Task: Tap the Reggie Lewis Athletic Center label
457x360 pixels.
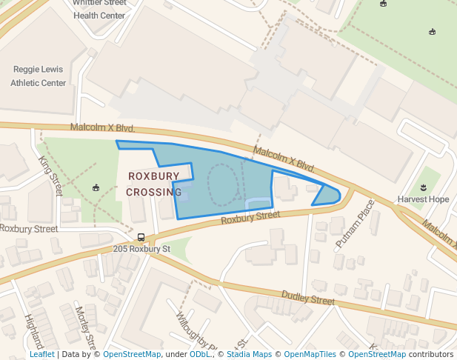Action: pyautogui.click(x=39, y=76)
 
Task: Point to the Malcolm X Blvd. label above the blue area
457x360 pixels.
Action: pyautogui.click(x=284, y=159)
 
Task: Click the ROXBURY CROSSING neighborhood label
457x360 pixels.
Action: pyautogui.click(x=153, y=184)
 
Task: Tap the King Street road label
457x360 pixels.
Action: pyautogui.click(x=50, y=176)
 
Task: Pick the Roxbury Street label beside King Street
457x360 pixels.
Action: pyautogui.click(x=28, y=229)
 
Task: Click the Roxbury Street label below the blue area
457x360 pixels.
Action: pyautogui.click(x=250, y=217)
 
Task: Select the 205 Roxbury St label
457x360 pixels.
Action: pyautogui.click(x=141, y=249)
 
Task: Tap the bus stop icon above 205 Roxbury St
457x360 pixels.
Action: pyautogui.click(x=141, y=237)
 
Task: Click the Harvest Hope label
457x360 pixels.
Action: pyautogui.click(x=423, y=199)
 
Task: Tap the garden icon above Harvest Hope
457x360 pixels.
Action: pyautogui.click(x=423, y=187)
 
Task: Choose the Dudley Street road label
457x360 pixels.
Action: pyautogui.click(x=307, y=298)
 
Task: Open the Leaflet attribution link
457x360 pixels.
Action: pyautogui.click(x=41, y=355)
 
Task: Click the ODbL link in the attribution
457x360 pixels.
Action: pyautogui.click(x=199, y=355)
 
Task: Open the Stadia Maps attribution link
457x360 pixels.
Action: pyautogui.click(x=249, y=355)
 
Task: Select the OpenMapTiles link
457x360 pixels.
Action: pyautogui.click(x=310, y=355)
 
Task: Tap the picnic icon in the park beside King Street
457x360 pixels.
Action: pyautogui.click(x=95, y=187)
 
